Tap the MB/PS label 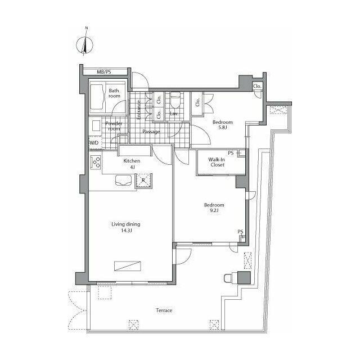(103, 72)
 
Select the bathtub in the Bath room (96, 97)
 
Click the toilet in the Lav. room (175, 100)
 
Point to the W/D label (94, 143)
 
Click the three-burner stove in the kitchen (96, 163)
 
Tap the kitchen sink (124, 180)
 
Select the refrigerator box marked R (143, 181)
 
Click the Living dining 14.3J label (126, 227)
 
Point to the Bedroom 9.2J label (214, 208)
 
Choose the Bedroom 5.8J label (223, 125)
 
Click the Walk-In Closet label (217, 162)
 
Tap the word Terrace (164, 310)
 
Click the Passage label (151, 132)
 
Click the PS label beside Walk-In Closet (231, 153)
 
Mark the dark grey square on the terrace (244, 277)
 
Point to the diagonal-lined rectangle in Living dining (128, 266)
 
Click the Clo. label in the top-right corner (257, 86)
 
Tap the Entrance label (138, 110)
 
